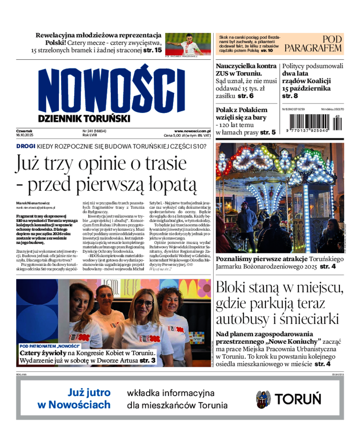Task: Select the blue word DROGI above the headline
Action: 26,146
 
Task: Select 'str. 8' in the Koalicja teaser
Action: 290,96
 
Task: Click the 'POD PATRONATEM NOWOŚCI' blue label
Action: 50,346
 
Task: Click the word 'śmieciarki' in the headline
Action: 306,319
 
